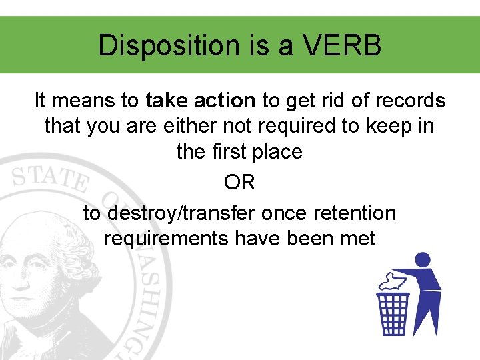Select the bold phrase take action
(201, 101)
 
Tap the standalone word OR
(239, 183)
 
